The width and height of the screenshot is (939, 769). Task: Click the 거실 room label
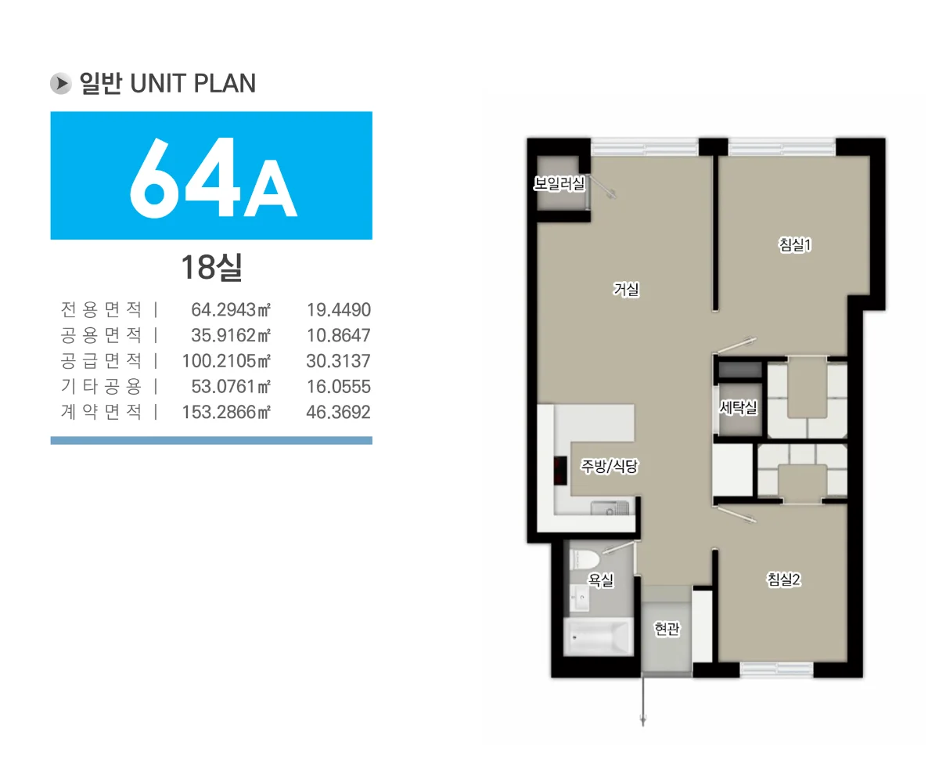coord(625,290)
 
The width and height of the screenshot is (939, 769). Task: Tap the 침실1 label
coord(795,244)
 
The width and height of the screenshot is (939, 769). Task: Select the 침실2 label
coord(784,579)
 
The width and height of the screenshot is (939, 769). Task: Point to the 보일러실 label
coord(559,183)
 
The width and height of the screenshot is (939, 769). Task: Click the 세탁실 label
coord(738,406)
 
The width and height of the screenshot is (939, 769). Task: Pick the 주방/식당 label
coord(609,466)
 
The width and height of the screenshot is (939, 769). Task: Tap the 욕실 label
coord(601,579)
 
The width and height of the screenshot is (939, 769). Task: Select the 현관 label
coord(667,628)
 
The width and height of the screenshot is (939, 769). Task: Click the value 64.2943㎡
coord(231,309)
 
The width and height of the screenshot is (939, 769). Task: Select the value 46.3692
coord(338,412)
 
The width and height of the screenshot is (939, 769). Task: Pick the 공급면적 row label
coord(101,361)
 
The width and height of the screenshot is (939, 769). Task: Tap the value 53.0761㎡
coord(231,387)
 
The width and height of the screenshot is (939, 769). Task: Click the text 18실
coord(211,267)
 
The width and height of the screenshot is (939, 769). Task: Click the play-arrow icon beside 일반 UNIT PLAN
coord(61,83)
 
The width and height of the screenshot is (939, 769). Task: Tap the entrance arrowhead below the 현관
coord(643,720)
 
